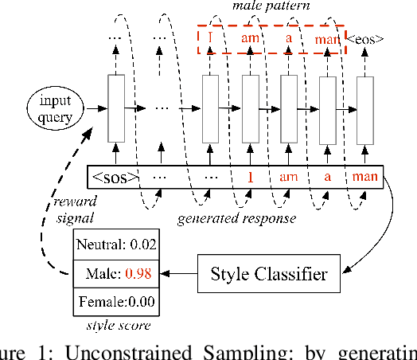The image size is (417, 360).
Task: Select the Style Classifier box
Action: click(268, 275)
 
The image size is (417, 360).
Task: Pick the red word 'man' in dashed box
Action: click(327, 37)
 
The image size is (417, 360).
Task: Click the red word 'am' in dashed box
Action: click(250, 37)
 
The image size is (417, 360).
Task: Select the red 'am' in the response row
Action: click(289, 177)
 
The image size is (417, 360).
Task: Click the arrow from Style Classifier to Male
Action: click(177, 275)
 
